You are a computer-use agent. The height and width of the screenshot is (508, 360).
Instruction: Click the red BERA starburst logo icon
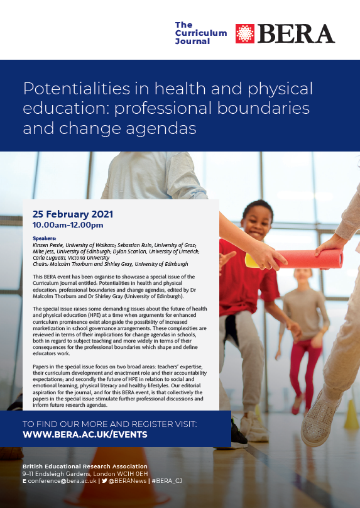(x=245, y=34)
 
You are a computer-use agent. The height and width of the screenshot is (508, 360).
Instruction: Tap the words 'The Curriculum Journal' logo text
(x=201, y=33)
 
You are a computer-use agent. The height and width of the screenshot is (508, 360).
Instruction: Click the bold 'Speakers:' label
(x=44, y=239)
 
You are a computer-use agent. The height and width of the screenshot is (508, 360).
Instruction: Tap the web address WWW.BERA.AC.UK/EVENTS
(x=85, y=434)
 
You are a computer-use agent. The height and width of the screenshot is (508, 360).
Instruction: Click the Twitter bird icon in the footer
(x=104, y=480)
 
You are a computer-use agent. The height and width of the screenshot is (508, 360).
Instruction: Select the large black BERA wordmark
(x=296, y=33)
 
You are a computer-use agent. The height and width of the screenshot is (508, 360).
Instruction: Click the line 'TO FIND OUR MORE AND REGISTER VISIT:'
(x=109, y=424)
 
